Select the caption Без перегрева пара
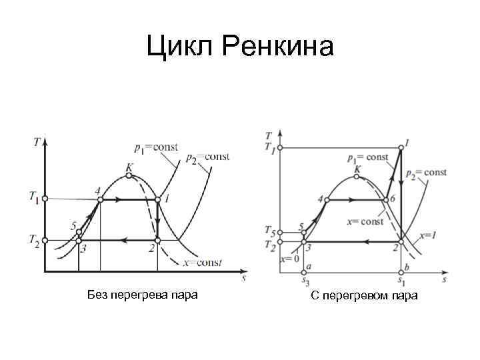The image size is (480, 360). coord(142,294)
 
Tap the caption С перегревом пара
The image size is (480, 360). coord(364,295)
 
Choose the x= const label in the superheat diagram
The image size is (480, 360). coord(365,221)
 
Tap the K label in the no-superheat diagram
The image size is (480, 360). coord(128,168)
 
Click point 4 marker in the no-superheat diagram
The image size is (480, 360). coord(100,199)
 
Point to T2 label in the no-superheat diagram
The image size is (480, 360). coord(33,239)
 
